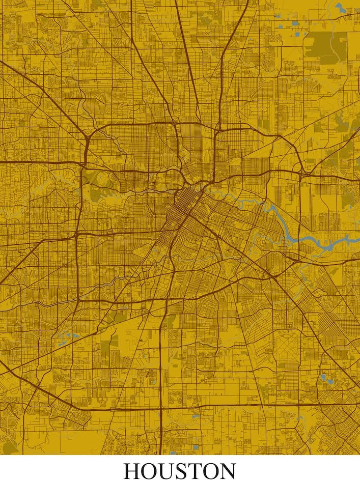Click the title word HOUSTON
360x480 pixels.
point(180,471)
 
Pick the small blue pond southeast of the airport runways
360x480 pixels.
point(323,377)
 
